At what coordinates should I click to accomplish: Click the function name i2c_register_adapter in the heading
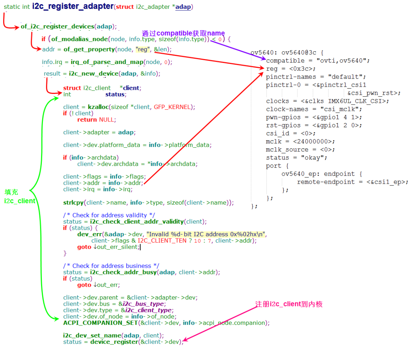click(73, 6)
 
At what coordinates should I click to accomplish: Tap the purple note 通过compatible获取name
click(183, 33)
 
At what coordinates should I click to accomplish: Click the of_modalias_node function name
click(79, 39)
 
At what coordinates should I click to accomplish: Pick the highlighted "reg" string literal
click(143, 49)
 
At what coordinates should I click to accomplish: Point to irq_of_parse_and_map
click(107, 62)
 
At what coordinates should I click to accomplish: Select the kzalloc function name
click(98, 107)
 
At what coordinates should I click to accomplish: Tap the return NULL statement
click(96, 120)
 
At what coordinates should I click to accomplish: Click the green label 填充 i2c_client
click(20, 197)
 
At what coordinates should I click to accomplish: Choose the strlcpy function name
click(73, 202)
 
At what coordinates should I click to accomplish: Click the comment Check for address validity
click(109, 215)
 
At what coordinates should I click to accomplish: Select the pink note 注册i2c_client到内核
click(289, 304)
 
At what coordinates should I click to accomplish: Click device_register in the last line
click(114, 342)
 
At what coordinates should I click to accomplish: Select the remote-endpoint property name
click(326, 182)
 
